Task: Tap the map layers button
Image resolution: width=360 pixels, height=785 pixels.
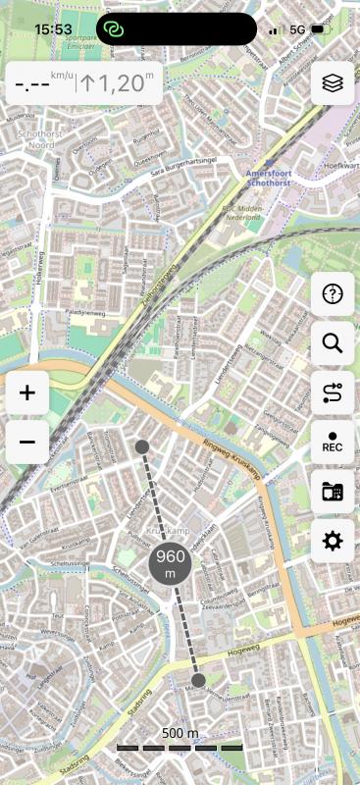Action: [333, 83]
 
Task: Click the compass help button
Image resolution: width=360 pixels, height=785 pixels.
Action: [333, 293]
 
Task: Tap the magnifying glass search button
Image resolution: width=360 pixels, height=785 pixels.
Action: [333, 343]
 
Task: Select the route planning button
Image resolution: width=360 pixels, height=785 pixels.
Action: [333, 393]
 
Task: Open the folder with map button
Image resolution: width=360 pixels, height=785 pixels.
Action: [333, 492]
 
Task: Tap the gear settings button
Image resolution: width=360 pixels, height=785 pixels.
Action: [333, 541]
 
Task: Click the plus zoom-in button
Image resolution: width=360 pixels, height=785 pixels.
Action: [27, 393]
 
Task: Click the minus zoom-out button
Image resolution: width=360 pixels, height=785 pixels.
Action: [27, 443]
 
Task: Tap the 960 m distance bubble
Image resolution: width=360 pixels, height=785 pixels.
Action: [171, 563]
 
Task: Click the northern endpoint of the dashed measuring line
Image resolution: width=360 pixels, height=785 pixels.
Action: [142, 447]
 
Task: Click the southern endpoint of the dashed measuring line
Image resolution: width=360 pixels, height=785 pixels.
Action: [198, 679]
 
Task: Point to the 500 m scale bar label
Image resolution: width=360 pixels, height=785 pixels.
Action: [180, 733]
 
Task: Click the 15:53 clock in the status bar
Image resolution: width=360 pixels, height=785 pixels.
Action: [53, 29]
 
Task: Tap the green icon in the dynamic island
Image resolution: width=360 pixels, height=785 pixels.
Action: [115, 29]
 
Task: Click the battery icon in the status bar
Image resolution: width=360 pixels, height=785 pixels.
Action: [319, 29]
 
